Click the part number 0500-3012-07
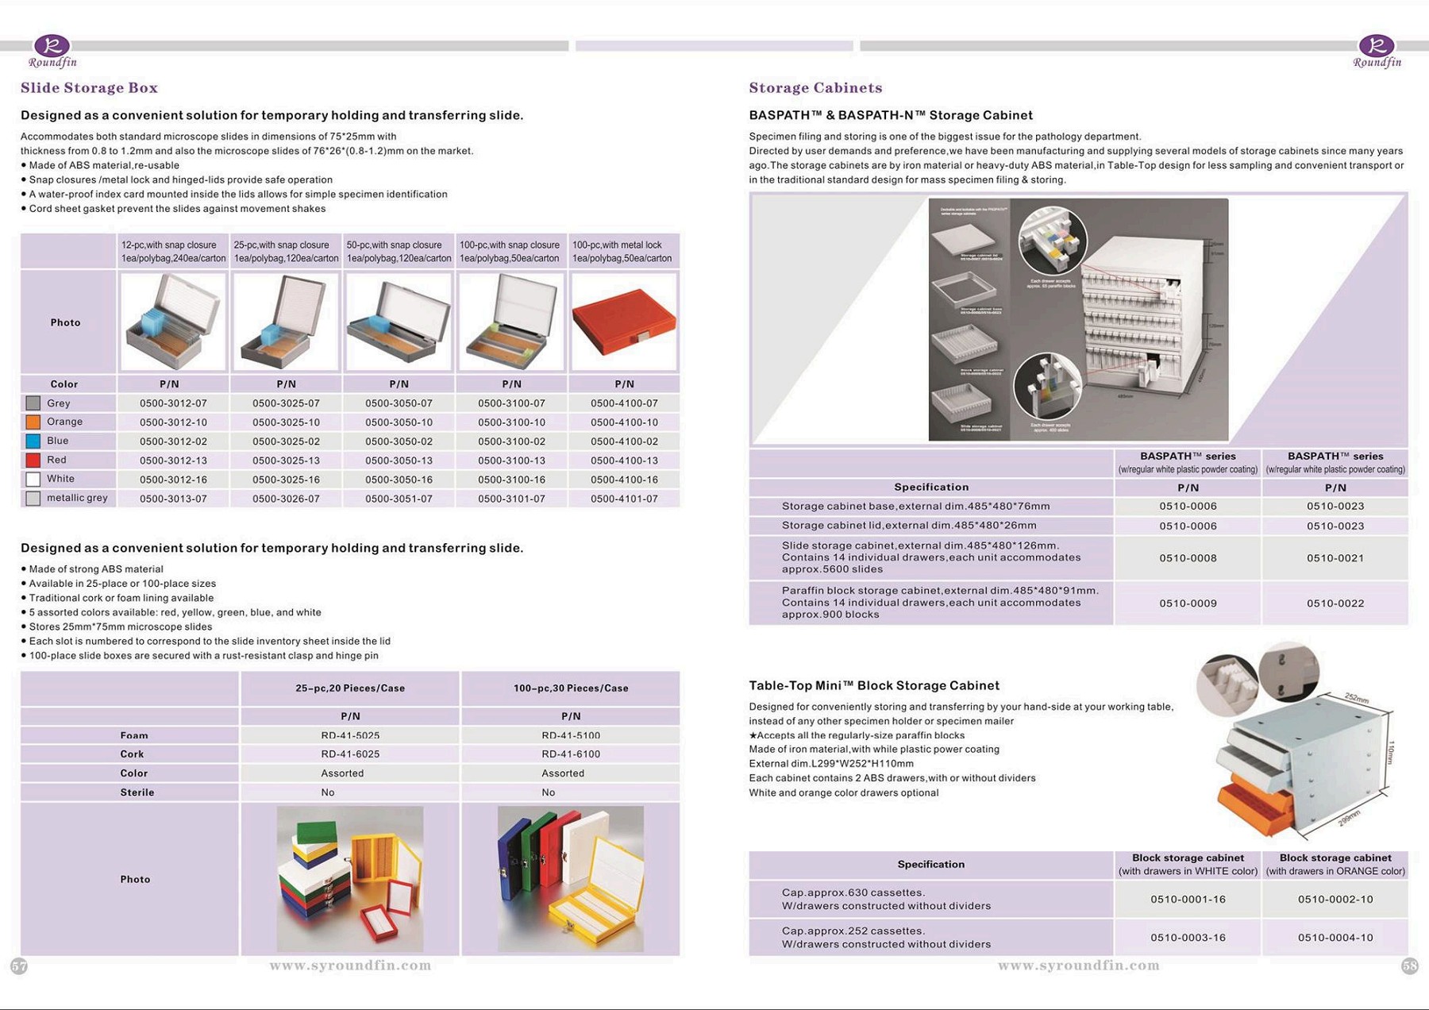pyautogui.click(x=173, y=403)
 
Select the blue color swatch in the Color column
pyautogui.click(x=33, y=441)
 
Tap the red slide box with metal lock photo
pyautogui.click(x=624, y=322)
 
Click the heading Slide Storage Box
pyautogui.click(x=89, y=88)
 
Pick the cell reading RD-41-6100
pyautogui.click(x=571, y=754)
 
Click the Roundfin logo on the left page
pyautogui.click(x=52, y=52)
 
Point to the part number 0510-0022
pyautogui.click(x=1335, y=603)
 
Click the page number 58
pyautogui.click(x=1410, y=966)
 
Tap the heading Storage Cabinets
pyautogui.click(x=815, y=88)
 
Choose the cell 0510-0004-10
pyautogui.click(x=1335, y=938)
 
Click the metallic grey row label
pyautogui.click(x=77, y=498)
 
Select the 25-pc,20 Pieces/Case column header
pyautogui.click(x=350, y=688)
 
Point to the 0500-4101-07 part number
pyautogui.click(x=624, y=499)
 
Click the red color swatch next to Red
pyautogui.click(x=33, y=461)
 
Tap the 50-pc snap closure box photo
pyautogui.click(x=399, y=322)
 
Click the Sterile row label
pyautogui.click(x=137, y=792)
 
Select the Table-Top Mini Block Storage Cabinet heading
pyautogui.click(x=874, y=685)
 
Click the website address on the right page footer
pyautogui.click(x=1078, y=966)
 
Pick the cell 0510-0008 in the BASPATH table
pyautogui.click(x=1188, y=558)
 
